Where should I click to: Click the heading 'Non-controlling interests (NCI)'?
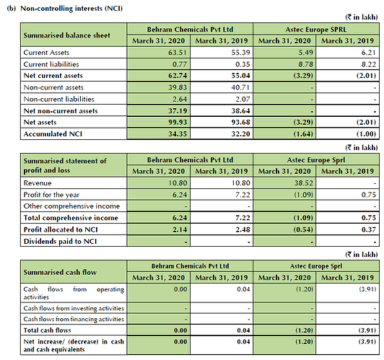tap(71, 9)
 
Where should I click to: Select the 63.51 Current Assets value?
tap(178, 53)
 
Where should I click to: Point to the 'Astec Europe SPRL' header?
tap(316, 30)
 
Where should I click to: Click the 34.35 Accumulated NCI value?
tap(178, 134)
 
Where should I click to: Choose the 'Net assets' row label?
tap(40, 123)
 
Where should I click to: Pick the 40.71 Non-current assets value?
tap(240, 87)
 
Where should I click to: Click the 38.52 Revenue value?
tap(304, 183)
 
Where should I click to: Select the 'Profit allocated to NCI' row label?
tap(61, 230)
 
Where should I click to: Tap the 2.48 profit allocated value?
tap(243, 230)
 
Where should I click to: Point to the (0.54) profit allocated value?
tap(303, 230)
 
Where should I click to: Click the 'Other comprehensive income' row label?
tap(71, 206)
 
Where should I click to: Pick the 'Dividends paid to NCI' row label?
tap(60, 242)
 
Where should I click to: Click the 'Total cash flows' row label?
tap(47, 330)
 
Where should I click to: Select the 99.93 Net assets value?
tap(178, 123)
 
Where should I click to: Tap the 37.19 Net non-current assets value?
tap(178, 111)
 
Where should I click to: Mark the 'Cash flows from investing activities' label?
tap(74, 308)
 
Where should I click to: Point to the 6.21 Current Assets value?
tap(369, 53)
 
